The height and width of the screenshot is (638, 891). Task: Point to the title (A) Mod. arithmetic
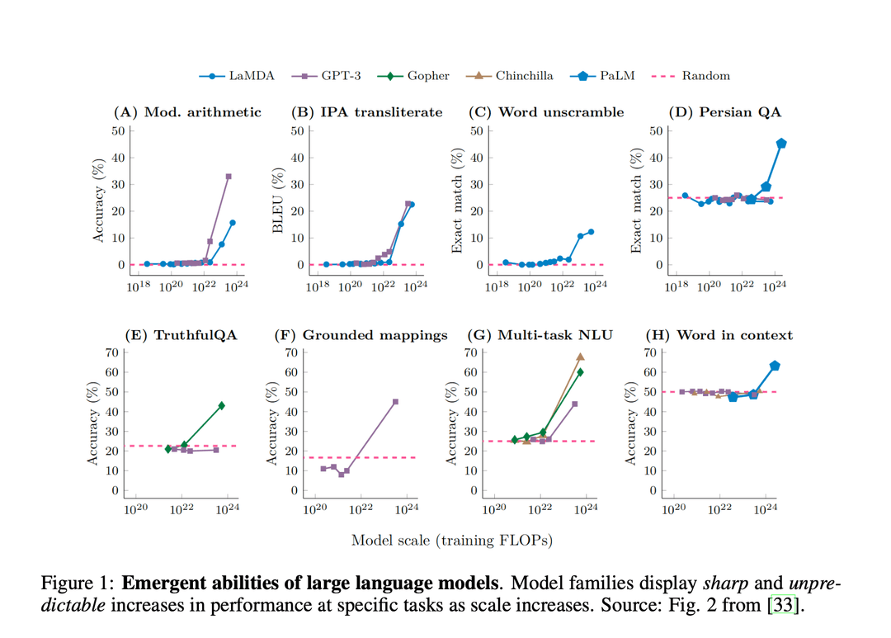[x=186, y=111]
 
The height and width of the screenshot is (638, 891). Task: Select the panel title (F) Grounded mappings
[x=361, y=335]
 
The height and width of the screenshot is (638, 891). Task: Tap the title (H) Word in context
[x=719, y=335]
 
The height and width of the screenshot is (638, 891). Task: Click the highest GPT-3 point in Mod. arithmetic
[x=229, y=177]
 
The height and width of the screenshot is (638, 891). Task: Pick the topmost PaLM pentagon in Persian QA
[x=781, y=144]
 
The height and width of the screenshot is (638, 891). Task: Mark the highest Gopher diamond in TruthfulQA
[x=222, y=405]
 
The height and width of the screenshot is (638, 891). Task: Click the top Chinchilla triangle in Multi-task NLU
[x=580, y=357]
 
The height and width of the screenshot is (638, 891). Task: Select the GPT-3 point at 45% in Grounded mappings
[x=395, y=402]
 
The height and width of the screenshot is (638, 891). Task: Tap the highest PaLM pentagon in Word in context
[x=775, y=366]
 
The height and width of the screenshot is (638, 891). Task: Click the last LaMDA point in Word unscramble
[x=591, y=232]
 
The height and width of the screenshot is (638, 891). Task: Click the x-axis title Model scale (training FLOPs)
[x=451, y=541]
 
